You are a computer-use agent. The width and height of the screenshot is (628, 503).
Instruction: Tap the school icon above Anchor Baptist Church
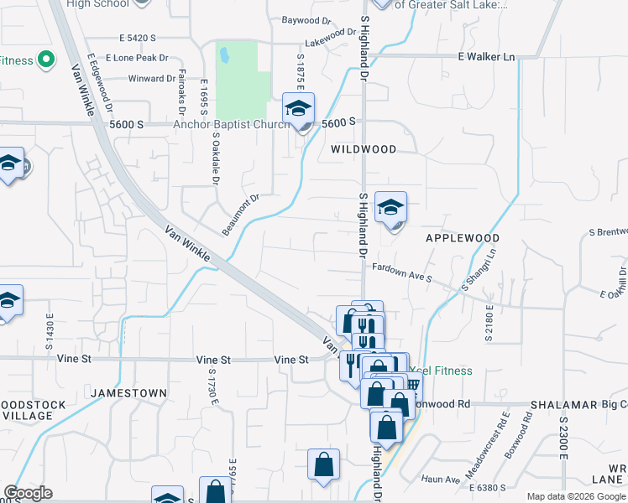pos(298,109)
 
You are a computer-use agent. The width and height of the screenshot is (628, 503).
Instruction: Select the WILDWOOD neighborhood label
pos(363,149)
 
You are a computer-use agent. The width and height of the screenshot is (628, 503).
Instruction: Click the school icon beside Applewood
pos(390,208)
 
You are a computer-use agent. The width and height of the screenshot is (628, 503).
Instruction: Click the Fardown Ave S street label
pos(401,271)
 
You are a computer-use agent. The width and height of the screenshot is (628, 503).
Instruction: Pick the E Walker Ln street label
pos(486,57)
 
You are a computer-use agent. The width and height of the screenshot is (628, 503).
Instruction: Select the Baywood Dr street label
pos(306,20)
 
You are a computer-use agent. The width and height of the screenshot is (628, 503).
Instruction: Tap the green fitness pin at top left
pos(45,60)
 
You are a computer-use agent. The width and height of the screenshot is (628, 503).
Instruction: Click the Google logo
pos(28,493)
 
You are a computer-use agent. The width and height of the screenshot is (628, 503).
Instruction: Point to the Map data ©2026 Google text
pos(575,496)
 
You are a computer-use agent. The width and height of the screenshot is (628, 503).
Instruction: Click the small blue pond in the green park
pos(224,57)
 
